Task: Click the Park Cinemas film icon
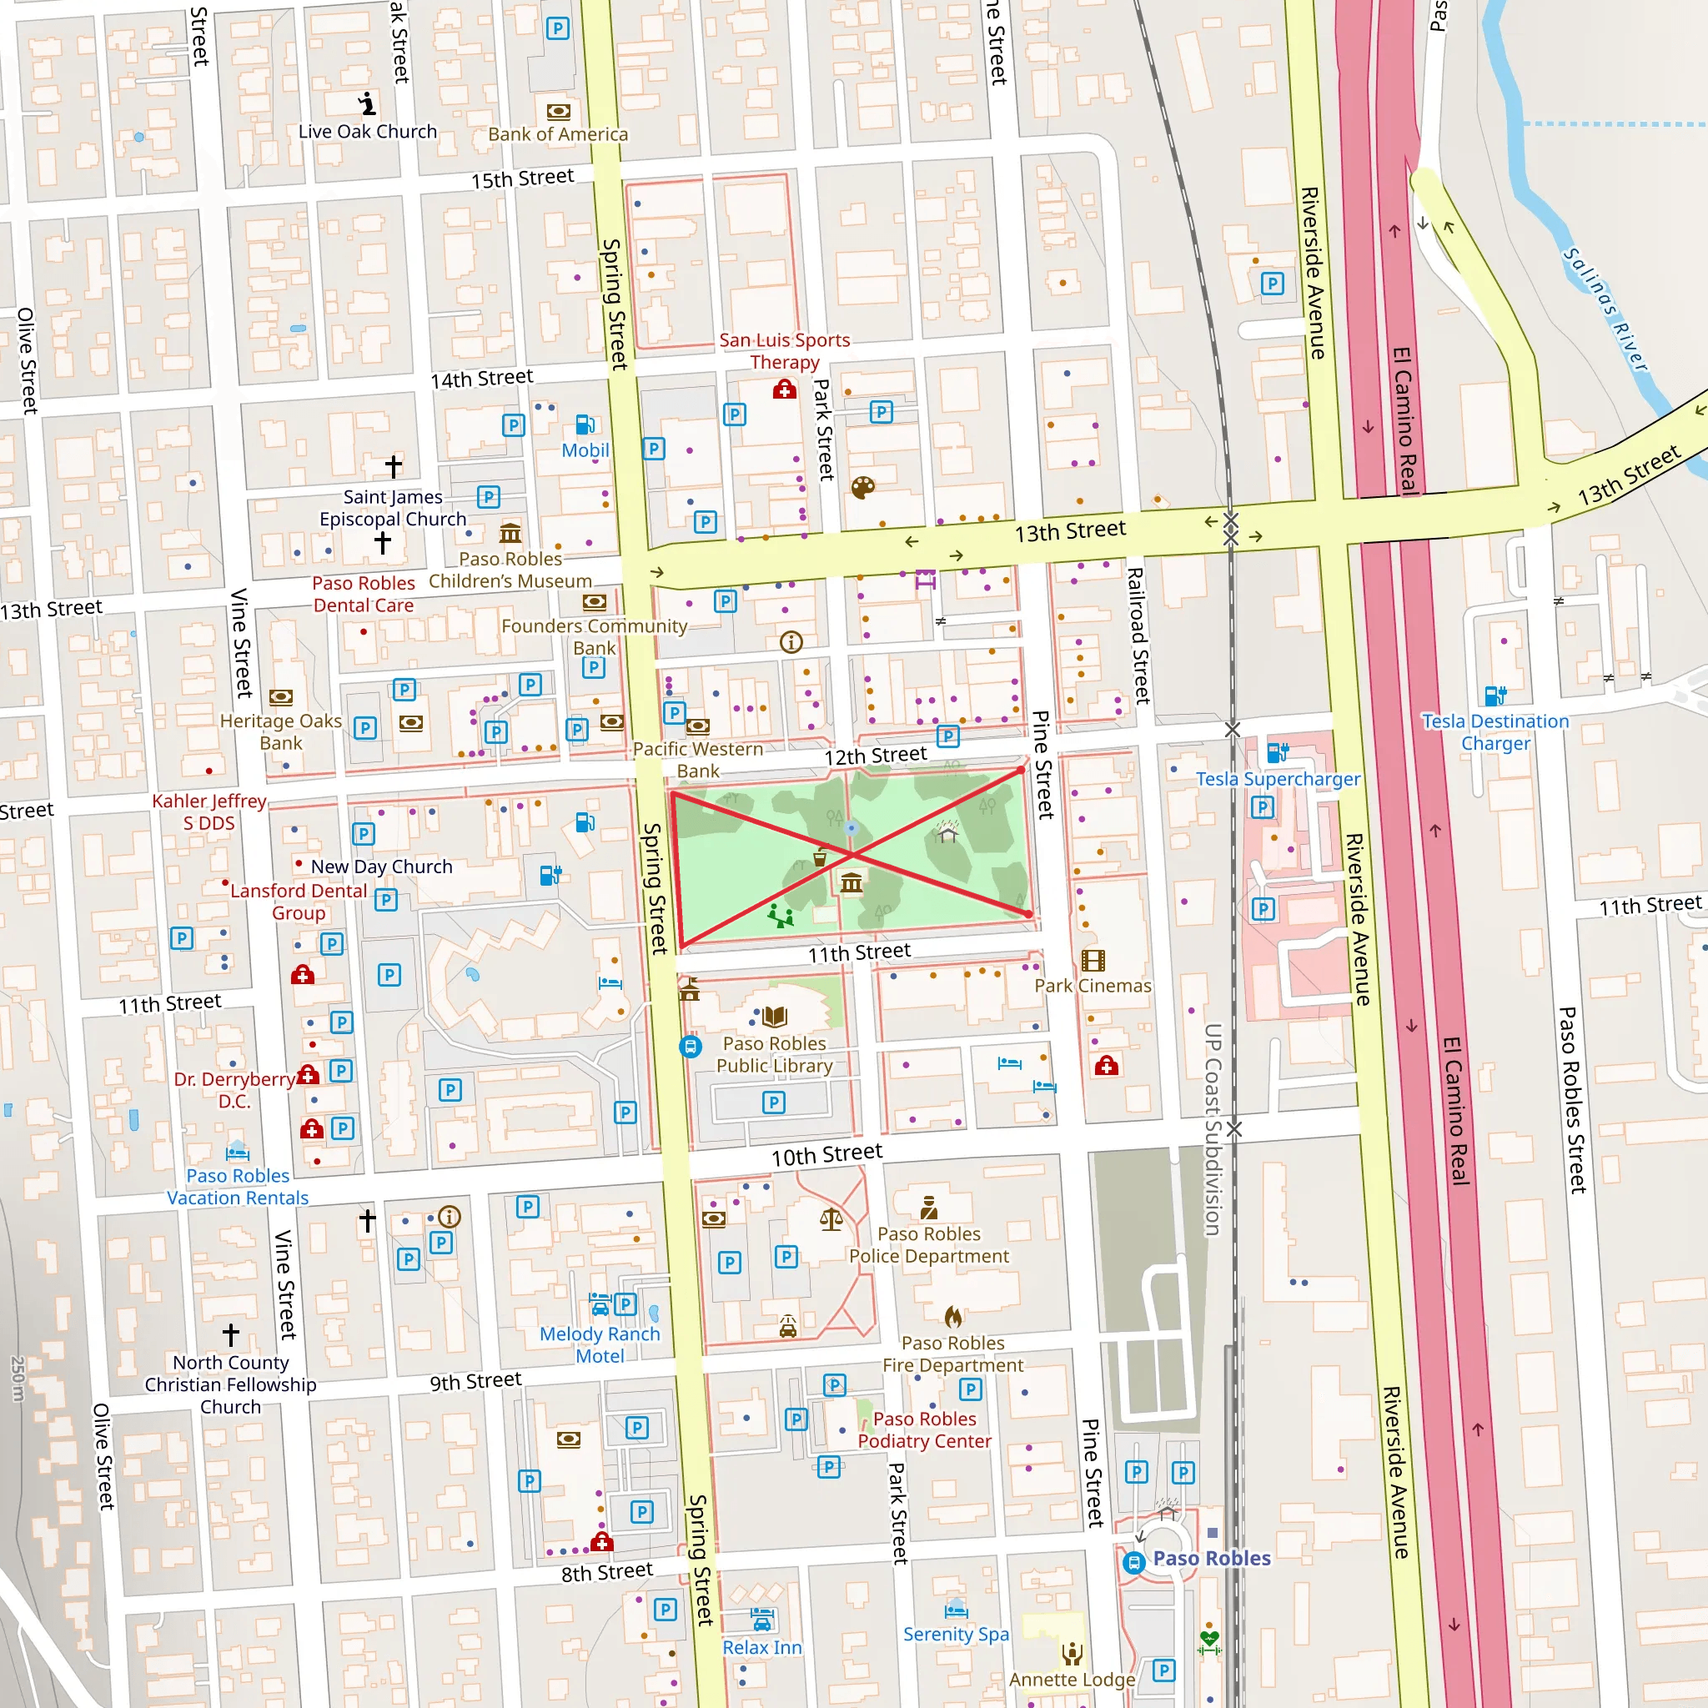pyautogui.click(x=1093, y=960)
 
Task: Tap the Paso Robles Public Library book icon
pyautogui.click(x=775, y=1017)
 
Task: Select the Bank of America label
pyautogui.click(x=558, y=134)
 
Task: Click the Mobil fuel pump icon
pyautogui.click(x=585, y=425)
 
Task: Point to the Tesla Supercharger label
pyautogui.click(x=1278, y=779)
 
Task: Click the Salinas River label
pyautogui.click(x=1605, y=309)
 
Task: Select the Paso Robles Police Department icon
pyautogui.click(x=928, y=1208)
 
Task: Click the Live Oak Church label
pyautogui.click(x=368, y=132)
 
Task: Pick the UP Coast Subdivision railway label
pyautogui.click(x=1213, y=1129)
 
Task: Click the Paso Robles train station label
pyautogui.click(x=1211, y=1559)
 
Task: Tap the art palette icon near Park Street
pyautogui.click(x=863, y=487)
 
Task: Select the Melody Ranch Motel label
pyautogui.click(x=600, y=1344)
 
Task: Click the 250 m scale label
pyautogui.click(x=18, y=1379)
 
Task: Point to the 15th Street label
pyautogui.click(x=521, y=178)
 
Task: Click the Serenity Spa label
pyautogui.click(x=956, y=1634)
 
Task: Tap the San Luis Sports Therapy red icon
pyautogui.click(x=784, y=389)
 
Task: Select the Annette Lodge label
pyautogui.click(x=1072, y=1679)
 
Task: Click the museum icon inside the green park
pyautogui.click(x=851, y=882)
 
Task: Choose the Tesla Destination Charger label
pyautogui.click(x=1495, y=732)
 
